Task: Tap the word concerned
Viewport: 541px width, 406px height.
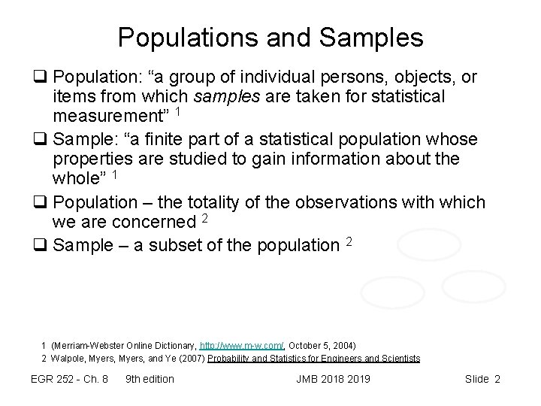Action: [x=152, y=223]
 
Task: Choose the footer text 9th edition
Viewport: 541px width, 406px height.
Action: [x=150, y=379]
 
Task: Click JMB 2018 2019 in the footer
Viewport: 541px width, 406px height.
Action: [x=333, y=379]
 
